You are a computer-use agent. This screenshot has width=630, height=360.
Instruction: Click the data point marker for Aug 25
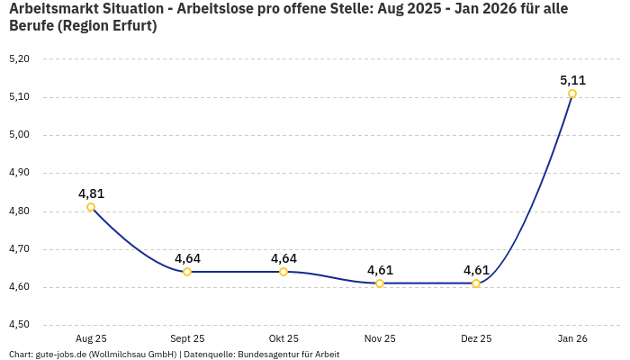(x=91, y=207)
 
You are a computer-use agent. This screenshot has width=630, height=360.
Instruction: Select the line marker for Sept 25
(x=187, y=272)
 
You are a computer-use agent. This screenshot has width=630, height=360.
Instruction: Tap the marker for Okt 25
(x=283, y=272)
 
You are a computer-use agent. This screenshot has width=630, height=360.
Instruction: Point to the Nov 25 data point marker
(x=380, y=283)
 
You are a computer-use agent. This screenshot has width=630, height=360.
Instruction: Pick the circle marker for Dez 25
(x=476, y=283)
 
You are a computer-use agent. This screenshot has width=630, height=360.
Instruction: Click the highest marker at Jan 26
(x=572, y=94)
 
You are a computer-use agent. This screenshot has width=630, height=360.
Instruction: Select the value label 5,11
(x=572, y=80)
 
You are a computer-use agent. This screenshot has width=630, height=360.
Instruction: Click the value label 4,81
(x=91, y=193)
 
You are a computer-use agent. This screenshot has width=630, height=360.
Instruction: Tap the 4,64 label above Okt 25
(x=283, y=258)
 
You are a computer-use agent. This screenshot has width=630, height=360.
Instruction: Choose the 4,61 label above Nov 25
(x=380, y=270)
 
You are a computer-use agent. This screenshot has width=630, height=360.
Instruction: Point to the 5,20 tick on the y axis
(x=19, y=58)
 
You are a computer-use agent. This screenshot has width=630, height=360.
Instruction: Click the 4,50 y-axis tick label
(x=19, y=325)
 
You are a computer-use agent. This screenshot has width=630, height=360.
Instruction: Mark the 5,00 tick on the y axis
(x=19, y=135)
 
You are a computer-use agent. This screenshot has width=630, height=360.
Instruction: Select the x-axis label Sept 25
(x=187, y=339)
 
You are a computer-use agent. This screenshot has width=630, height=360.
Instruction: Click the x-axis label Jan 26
(x=572, y=339)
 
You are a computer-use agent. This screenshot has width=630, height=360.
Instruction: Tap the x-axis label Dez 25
(x=476, y=339)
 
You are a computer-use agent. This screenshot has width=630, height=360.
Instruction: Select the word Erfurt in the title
(x=130, y=26)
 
